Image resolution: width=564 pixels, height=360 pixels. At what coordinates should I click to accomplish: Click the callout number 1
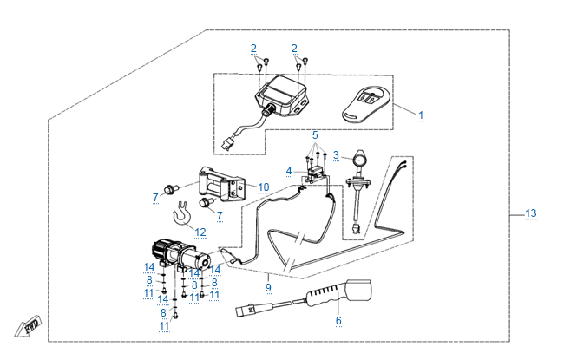point(421,115)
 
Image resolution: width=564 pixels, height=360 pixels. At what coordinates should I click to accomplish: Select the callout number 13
point(531,213)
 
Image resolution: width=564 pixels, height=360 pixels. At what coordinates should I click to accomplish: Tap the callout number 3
point(336,154)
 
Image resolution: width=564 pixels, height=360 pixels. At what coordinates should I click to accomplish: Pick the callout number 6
point(338,320)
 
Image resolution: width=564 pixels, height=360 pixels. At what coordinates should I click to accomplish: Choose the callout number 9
point(268,286)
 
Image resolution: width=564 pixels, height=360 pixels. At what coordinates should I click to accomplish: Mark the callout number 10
point(264,187)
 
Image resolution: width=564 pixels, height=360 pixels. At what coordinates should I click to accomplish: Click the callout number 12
point(200,232)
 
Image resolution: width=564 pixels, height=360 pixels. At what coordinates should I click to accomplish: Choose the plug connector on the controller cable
point(246,309)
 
